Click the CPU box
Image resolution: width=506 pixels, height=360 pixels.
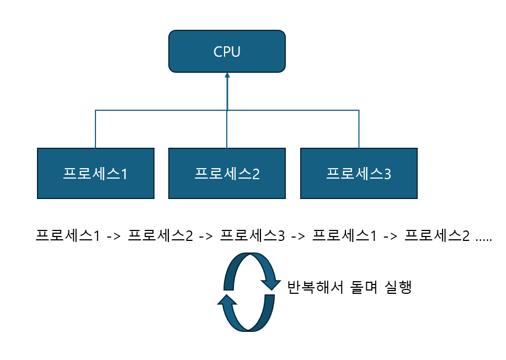click(227, 51)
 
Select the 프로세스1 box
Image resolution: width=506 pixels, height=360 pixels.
click(95, 173)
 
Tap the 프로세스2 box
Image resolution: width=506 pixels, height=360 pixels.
click(227, 173)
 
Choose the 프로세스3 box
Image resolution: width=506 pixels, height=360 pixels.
click(359, 173)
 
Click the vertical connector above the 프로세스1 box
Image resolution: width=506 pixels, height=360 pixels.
click(95, 130)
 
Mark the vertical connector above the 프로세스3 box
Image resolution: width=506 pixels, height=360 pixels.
click(359, 130)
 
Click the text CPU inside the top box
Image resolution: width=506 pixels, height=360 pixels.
click(227, 52)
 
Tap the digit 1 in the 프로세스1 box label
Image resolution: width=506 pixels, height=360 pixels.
click(124, 174)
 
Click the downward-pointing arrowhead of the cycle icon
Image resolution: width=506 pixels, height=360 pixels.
click(270, 284)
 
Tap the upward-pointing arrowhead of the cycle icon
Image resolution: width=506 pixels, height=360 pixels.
click(227, 300)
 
